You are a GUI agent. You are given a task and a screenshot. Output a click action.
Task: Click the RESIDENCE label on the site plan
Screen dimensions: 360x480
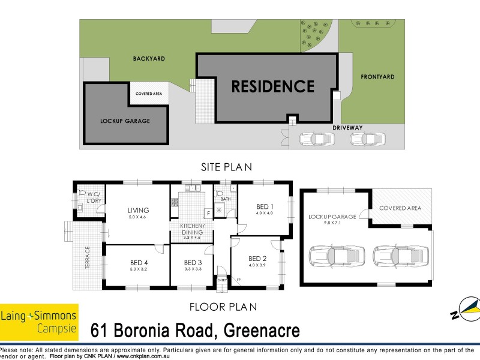(273, 86)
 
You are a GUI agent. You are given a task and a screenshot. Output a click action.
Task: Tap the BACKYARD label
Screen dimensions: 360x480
(149, 59)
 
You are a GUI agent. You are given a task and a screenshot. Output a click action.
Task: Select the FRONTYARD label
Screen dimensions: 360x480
(377, 77)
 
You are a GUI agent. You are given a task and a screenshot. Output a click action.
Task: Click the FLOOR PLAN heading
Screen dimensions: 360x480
(223, 307)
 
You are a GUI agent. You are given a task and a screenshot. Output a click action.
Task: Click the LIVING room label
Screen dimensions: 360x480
(138, 210)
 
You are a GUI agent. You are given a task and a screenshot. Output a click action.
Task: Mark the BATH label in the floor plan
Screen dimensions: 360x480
(225, 199)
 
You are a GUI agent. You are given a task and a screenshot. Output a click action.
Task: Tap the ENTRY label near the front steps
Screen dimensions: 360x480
(222, 280)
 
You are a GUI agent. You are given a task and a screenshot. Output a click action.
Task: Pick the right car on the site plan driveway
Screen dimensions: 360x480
(366, 139)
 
